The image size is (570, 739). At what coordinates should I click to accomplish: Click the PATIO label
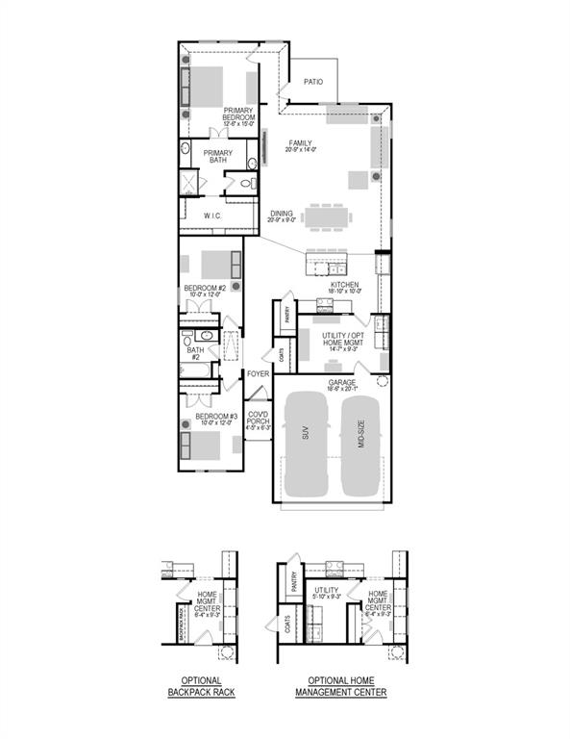tap(313, 82)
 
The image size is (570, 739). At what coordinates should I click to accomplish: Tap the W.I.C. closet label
tap(212, 216)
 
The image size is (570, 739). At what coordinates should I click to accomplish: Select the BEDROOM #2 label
tap(204, 289)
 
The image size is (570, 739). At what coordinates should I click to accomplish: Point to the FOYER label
tap(258, 373)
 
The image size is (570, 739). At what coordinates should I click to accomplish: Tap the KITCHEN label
tap(344, 286)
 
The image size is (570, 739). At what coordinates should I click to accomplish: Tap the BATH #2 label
tap(195, 353)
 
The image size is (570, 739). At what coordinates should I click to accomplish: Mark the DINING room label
tap(282, 216)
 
